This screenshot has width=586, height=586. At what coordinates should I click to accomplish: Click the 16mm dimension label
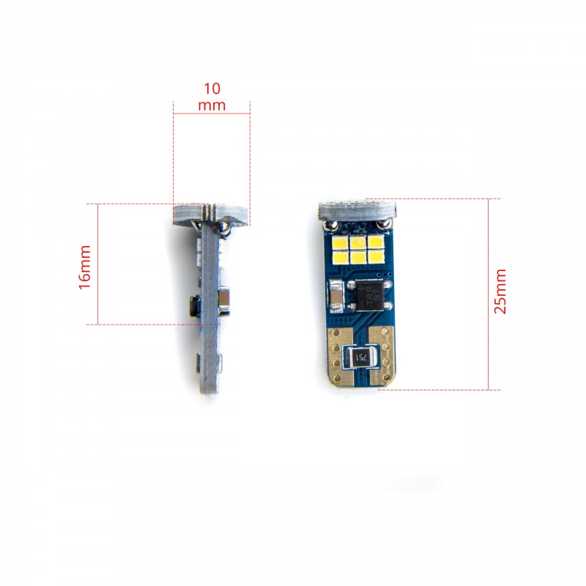pos(86,267)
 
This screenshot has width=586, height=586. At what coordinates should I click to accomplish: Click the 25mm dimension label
pos(501,292)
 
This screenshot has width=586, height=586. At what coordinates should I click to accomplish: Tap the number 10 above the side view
pos(212,89)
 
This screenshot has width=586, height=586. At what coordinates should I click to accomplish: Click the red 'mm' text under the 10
pos(212,105)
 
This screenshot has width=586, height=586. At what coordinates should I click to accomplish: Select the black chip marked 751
pos(360,357)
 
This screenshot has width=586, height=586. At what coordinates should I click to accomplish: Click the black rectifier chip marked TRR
pos(371,294)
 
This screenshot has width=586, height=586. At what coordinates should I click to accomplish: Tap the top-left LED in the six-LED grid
pos(341,242)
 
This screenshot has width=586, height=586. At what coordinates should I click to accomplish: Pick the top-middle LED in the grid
pos(357,242)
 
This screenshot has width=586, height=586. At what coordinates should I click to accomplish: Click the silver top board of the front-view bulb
pos(357,209)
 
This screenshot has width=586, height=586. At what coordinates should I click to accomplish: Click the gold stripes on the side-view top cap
pos(211,212)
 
